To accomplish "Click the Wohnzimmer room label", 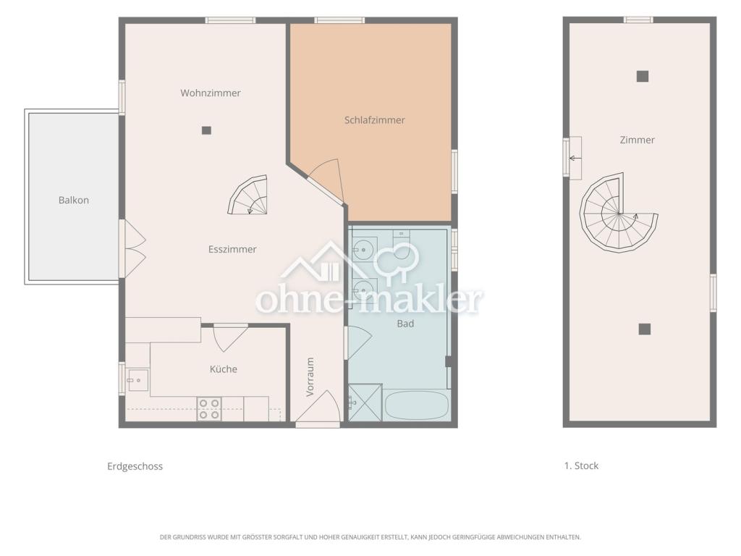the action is coord(211,93).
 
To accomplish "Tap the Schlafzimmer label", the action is coord(374,120).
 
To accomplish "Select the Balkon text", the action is coord(74,200).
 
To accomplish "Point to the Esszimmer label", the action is coord(232,249).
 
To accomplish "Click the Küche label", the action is coord(224,368).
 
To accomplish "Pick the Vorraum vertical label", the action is coord(310,376).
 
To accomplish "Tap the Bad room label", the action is coord(405,324).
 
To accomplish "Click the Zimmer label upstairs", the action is coord(637,140).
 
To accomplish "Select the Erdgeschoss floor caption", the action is coord(135,466).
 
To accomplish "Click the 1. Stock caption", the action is coord(581,466).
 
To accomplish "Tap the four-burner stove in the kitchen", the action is coord(209,409).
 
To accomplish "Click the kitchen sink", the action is coord(138,380).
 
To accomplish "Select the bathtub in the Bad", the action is coord(417,405).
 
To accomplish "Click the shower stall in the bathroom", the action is coord(365,403).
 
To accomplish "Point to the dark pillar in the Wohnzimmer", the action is coord(206,130).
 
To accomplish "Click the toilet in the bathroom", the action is coord(402,248).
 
